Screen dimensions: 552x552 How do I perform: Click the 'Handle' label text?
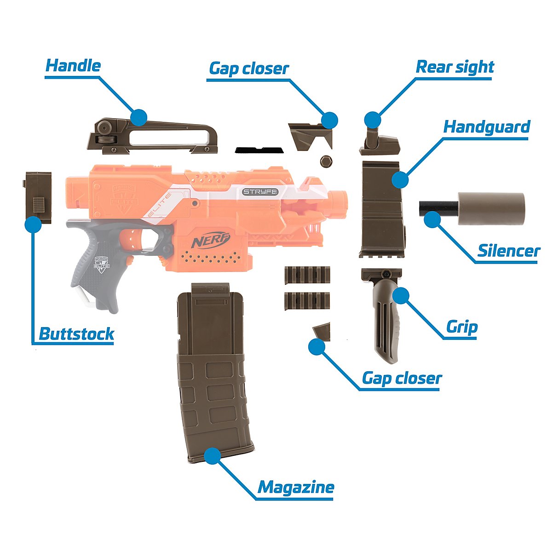[x=73, y=66]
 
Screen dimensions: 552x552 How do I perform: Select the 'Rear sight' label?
[x=454, y=67]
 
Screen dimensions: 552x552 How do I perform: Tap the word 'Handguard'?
[x=487, y=127]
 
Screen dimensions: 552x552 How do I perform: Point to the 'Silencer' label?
[x=508, y=251]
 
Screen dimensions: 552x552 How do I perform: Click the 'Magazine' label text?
[x=296, y=487]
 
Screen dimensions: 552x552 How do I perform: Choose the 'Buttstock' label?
[x=76, y=333]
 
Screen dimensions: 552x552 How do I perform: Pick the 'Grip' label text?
[x=462, y=328]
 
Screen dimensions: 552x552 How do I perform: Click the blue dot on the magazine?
[x=212, y=456]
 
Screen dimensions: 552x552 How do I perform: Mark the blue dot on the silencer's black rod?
[x=431, y=219]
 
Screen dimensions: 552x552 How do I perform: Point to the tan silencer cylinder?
[x=490, y=208]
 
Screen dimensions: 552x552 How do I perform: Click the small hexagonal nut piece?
[x=325, y=161]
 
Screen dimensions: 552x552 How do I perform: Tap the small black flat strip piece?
[x=259, y=150]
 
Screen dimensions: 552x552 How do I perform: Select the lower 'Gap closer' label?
[x=401, y=379]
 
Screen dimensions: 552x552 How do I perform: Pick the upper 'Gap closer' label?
[x=249, y=69]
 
